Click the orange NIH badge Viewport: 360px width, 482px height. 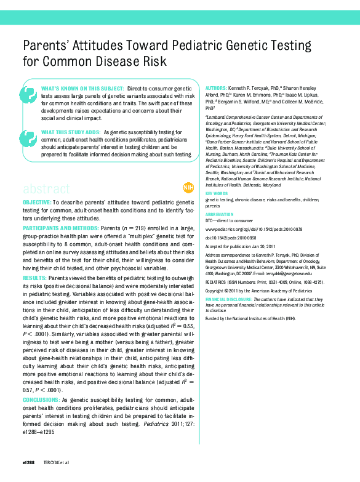point(188,187)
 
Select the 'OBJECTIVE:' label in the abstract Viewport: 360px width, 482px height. point(37,202)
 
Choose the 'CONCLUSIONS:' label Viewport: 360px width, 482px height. point(42,400)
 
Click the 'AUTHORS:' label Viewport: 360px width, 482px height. point(215,88)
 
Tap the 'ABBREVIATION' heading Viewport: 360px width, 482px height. point(220,214)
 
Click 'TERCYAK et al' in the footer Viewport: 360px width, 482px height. point(56,461)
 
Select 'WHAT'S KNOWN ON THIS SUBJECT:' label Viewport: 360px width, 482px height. point(81,89)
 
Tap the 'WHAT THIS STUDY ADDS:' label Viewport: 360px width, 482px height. point(70,132)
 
